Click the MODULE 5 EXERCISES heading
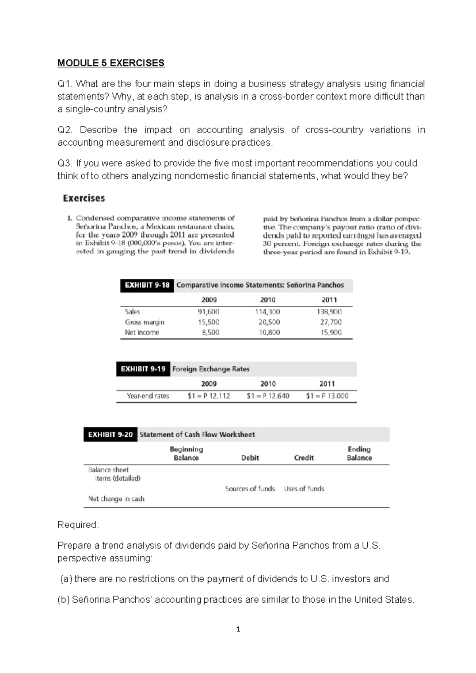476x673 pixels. tap(111, 63)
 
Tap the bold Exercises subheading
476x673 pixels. tap(84, 198)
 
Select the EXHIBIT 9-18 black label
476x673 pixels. tap(147, 285)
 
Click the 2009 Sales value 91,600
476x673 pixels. tap(208, 312)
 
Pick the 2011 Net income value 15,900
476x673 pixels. tap(331, 333)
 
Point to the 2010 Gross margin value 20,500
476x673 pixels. tap(269, 322)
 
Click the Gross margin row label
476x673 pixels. tap(144, 322)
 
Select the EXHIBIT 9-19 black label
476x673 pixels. tap(143, 369)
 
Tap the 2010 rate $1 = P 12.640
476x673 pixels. tap(268, 396)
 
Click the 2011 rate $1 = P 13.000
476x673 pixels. tap(327, 396)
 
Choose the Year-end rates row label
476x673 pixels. tap(148, 396)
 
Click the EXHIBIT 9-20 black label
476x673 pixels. tap(110, 435)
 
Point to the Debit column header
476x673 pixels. tap(250, 458)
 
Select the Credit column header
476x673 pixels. tap(304, 458)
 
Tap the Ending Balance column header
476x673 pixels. tap(359, 454)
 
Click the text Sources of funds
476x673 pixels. tap(250, 489)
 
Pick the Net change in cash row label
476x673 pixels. tap(116, 499)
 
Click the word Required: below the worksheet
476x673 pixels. tap(78, 525)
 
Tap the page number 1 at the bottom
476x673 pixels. tap(238, 629)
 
